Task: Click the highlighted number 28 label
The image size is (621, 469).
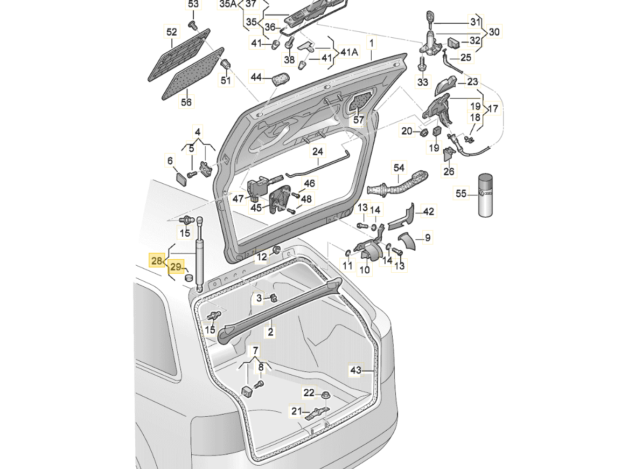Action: point(157,261)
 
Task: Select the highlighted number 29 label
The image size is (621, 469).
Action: point(176,267)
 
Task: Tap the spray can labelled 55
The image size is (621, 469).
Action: point(486,195)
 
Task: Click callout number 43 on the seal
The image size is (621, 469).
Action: point(356,370)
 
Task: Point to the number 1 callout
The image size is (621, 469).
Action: point(371,42)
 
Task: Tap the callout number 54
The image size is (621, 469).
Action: point(399,168)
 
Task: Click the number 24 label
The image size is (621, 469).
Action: point(318,151)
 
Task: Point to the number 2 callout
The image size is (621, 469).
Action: point(271,333)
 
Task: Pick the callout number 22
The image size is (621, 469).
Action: point(309,393)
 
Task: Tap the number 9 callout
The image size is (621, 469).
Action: point(428,237)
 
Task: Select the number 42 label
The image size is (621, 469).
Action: point(428,212)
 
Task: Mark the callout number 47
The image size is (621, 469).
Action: point(239,198)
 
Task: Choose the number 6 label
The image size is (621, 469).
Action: point(170,160)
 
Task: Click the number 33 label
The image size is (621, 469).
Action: point(423,82)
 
